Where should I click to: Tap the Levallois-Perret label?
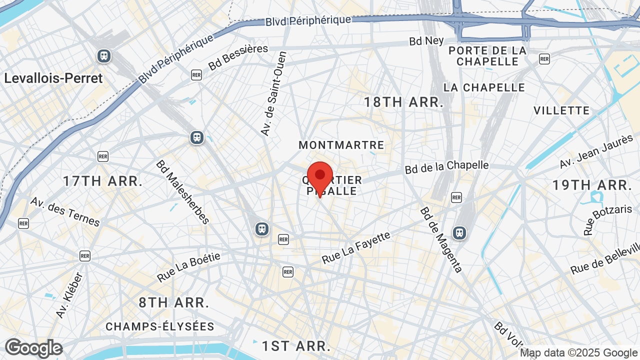(x=53, y=78)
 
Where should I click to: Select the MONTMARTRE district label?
(x=341, y=145)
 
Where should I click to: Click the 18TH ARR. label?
(x=403, y=102)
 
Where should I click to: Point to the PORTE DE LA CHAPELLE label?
(x=487, y=56)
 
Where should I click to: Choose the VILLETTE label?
(x=561, y=110)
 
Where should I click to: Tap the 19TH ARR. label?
(x=592, y=185)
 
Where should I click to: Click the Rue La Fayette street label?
(x=355, y=248)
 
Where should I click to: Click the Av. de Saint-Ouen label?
(x=273, y=93)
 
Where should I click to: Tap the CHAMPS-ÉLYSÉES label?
(x=160, y=326)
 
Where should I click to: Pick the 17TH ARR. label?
(x=103, y=181)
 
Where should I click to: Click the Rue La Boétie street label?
(x=188, y=267)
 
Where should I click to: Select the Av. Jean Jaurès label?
(x=596, y=152)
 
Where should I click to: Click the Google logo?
(x=33, y=348)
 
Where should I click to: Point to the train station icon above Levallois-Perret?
(x=104, y=55)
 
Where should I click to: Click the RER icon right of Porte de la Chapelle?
(x=544, y=59)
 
